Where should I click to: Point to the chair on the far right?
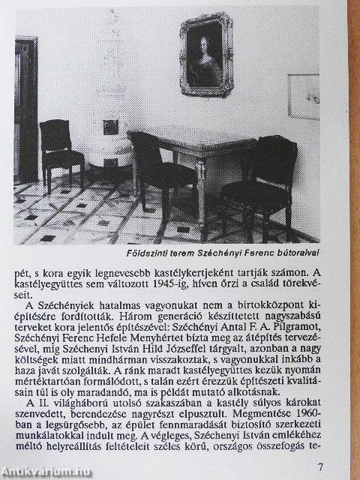click(262, 181)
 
